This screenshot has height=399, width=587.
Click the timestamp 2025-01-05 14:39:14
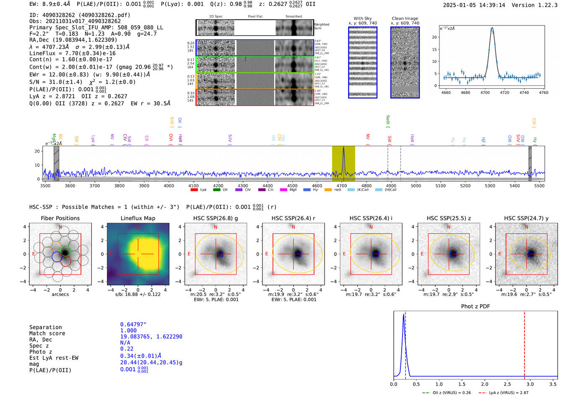[x=474, y=5]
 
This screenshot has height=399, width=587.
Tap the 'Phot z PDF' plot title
[x=475, y=306]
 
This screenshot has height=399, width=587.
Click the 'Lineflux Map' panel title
[x=138, y=218]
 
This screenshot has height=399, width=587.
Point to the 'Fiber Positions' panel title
[x=60, y=218]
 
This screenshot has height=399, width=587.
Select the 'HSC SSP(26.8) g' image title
[x=216, y=218]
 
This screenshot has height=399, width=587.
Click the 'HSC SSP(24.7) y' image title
[x=526, y=218]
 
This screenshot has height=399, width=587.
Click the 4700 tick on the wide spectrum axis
[x=342, y=186]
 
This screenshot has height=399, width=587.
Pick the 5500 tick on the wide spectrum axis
[x=539, y=186]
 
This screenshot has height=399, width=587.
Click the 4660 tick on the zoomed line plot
[x=446, y=93]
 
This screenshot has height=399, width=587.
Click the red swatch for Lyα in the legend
[x=194, y=190]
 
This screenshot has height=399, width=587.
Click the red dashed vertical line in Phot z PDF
[x=525, y=343]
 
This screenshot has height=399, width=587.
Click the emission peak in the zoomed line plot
[x=492, y=28]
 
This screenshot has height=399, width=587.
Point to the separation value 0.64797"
[x=133, y=324]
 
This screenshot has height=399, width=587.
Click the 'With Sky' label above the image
[x=363, y=18]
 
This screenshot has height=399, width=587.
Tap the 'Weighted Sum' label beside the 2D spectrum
[x=322, y=26]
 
